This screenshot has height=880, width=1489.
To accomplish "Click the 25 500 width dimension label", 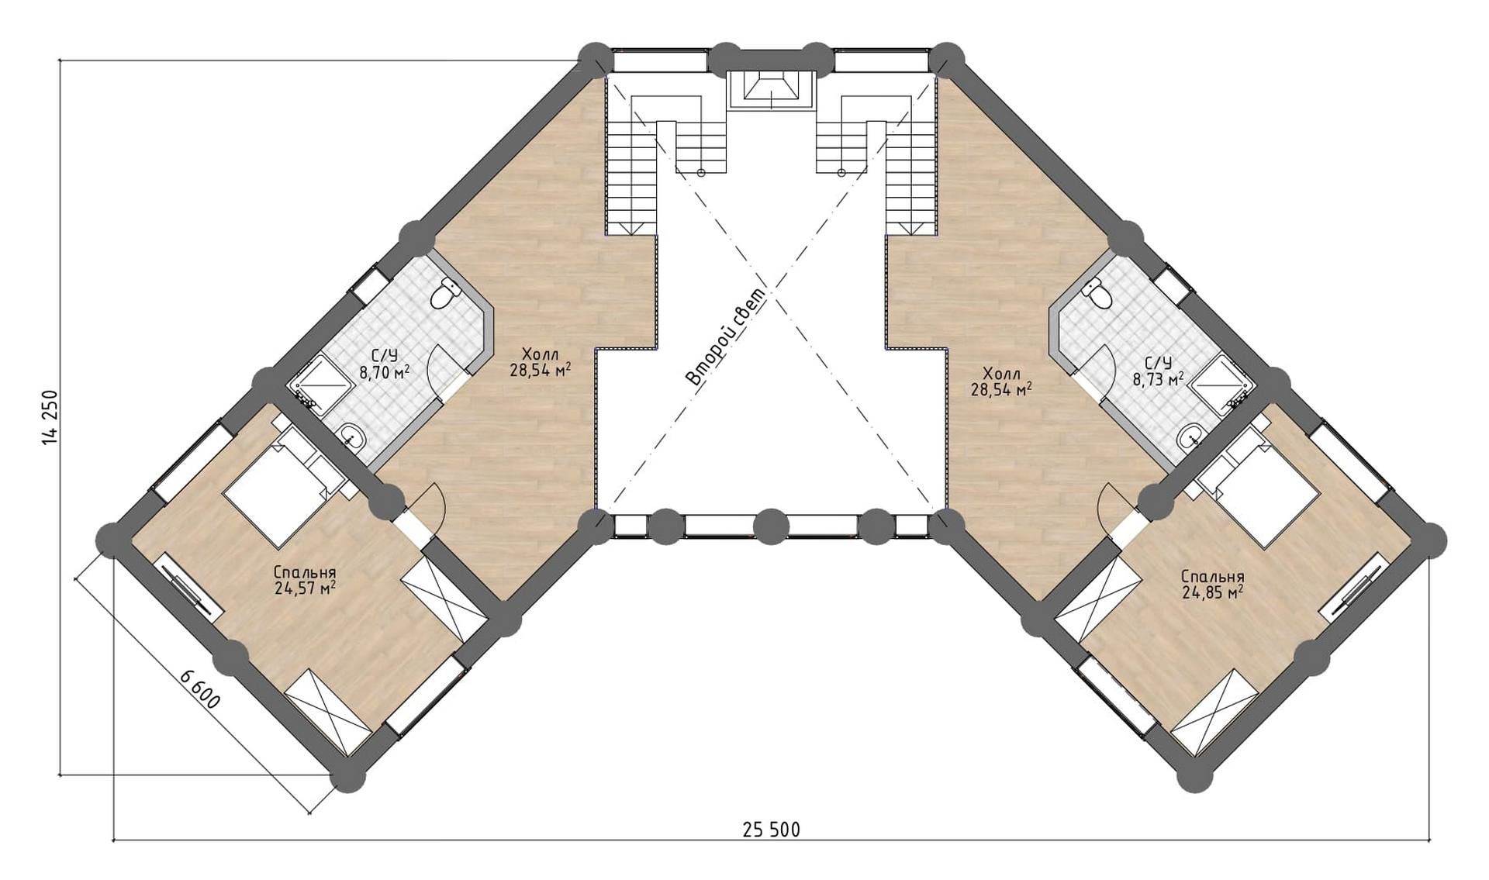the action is point(771,830).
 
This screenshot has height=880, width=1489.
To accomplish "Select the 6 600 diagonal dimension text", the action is point(200,689).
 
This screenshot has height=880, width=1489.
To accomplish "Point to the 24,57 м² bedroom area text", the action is point(305,588).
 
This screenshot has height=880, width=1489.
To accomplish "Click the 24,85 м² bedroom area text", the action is point(1213,592).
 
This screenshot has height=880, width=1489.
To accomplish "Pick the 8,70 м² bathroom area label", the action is point(384,371).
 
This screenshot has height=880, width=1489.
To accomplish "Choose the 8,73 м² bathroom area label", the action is point(1158,378).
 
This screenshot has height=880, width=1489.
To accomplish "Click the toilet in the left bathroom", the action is point(444,292).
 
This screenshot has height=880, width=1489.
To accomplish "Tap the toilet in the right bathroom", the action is point(1097,292).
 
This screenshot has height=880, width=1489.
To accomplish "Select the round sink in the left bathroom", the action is point(353,437).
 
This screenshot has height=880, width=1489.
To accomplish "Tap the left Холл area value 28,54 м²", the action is point(541,369).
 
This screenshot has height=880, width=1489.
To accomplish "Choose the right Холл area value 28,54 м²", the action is point(1001,388).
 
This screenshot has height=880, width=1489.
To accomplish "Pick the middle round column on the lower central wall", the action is point(770,526).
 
